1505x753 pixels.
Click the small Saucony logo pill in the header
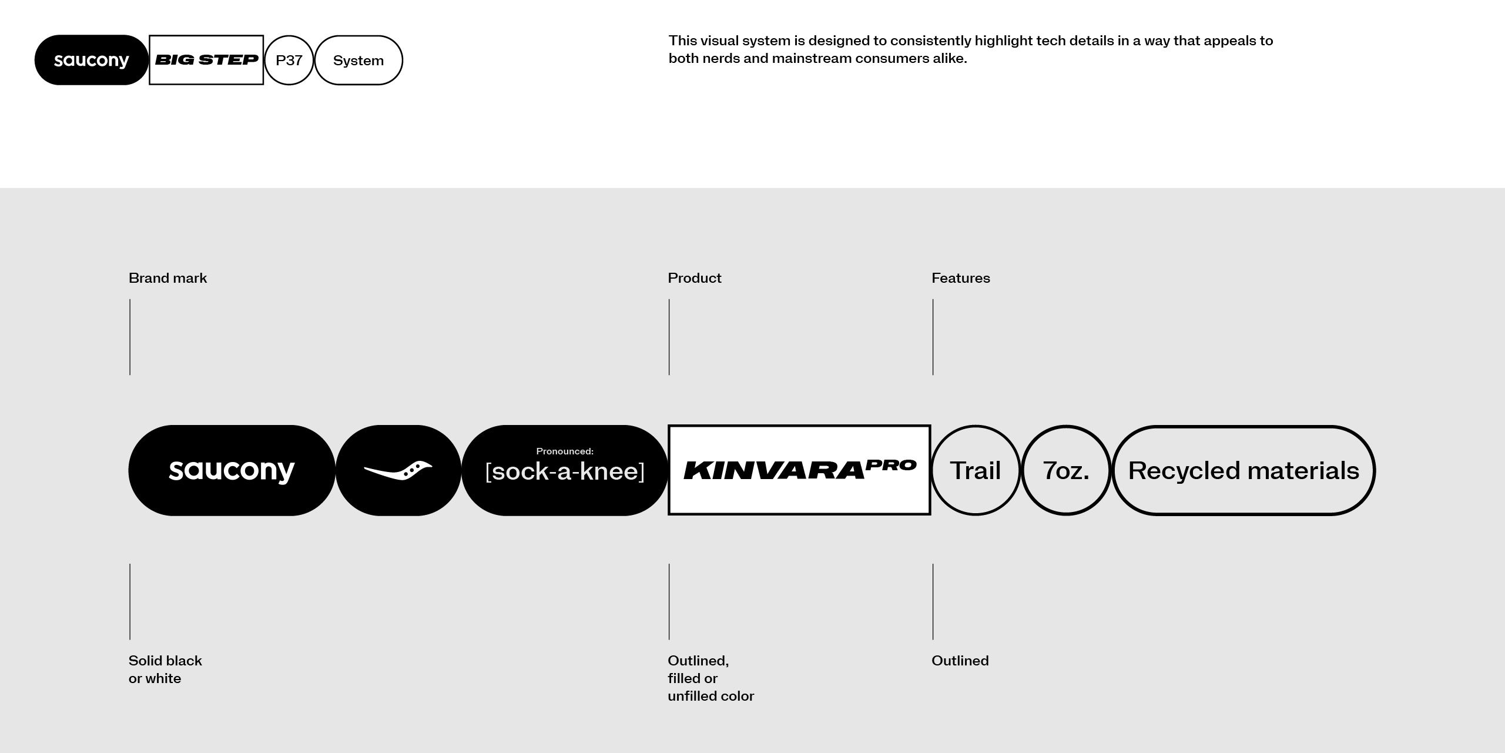pyautogui.click(x=91, y=60)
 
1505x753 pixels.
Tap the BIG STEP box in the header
pyautogui.click(x=206, y=60)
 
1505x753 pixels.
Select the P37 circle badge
pyautogui.click(x=289, y=60)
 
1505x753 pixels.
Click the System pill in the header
pyautogui.click(x=358, y=60)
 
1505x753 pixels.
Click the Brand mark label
pyautogui.click(x=167, y=278)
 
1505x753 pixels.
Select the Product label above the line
pyautogui.click(x=694, y=278)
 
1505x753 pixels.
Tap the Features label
pyautogui.click(x=960, y=278)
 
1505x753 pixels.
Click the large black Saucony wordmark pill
pyautogui.click(x=232, y=470)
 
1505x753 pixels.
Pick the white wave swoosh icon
pyautogui.click(x=398, y=470)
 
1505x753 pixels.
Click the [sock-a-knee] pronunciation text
pyautogui.click(x=565, y=472)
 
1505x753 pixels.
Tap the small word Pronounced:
pyautogui.click(x=565, y=451)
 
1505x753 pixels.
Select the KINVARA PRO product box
pyautogui.click(x=799, y=470)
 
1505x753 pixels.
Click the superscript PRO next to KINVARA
pyautogui.click(x=891, y=466)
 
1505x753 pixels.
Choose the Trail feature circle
pyautogui.click(x=975, y=470)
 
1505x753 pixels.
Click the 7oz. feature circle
pyautogui.click(x=1065, y=470)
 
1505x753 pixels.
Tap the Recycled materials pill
pyautogui.click(x=1243, y=470)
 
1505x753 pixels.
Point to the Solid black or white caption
pyautogui.click(x=165, y=670)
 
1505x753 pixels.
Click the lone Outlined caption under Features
pyautogui.click(x=960, y=661)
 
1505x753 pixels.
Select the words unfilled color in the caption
pyautogui.click(x=710, y=696)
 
